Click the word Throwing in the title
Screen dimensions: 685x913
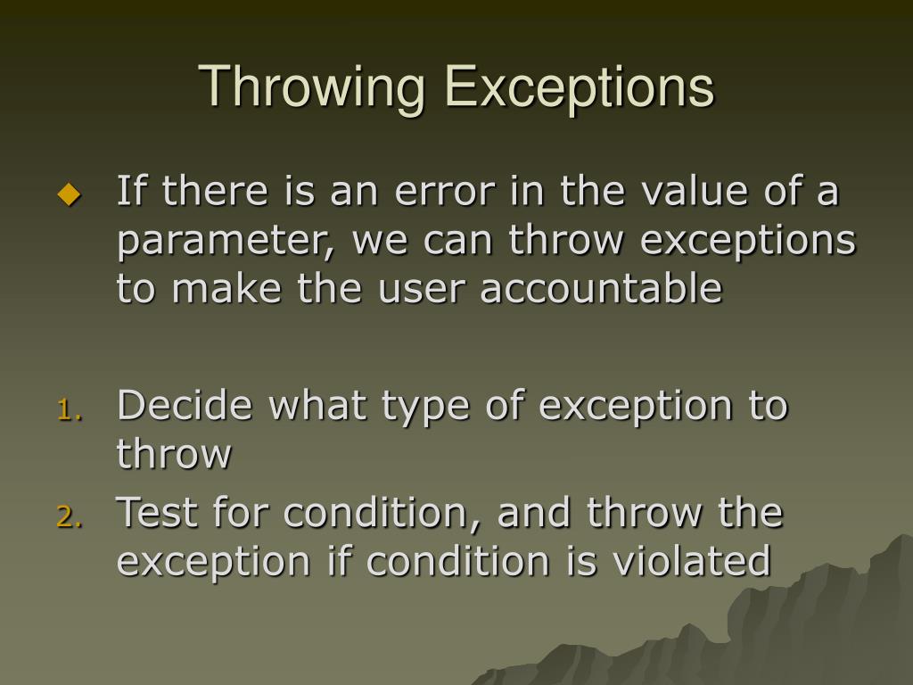[312, 88]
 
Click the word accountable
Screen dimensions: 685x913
[601, 289]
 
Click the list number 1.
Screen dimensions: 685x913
[69, 409]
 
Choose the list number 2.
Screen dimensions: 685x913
[69, 516]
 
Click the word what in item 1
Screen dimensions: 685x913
[321, 407]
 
